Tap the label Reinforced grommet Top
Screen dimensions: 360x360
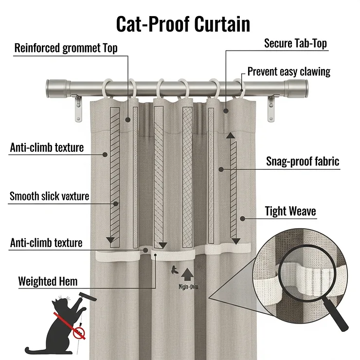click(x=66, y=48)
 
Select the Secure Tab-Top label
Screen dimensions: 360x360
click(x=295, y=43)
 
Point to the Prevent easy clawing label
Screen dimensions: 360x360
click(x=288, y=72)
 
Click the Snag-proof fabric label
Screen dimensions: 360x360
click(x=303, y=162)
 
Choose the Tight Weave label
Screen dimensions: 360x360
click(x=290, y=211)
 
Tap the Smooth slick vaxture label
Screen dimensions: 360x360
click(x=49, y=196)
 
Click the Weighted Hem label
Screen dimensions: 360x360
click(x=48, y=281)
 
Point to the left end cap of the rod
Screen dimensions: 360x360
click(x=54, y=88)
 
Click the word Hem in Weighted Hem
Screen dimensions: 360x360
click(x=68, y=281)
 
